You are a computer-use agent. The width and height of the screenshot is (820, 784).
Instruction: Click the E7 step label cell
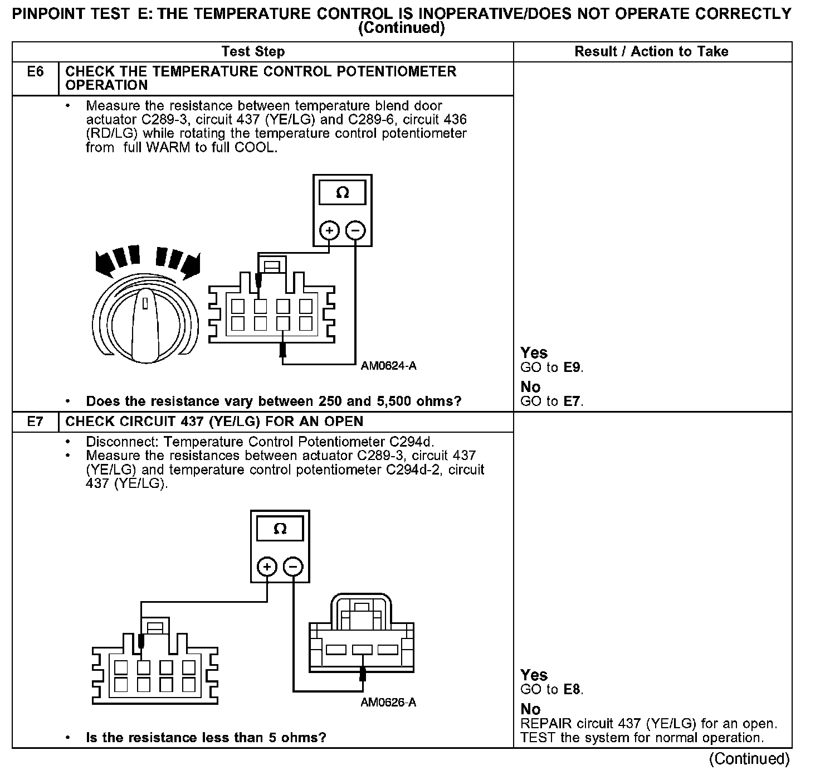[35, 422]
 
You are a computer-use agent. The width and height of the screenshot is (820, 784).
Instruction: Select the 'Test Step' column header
[252, 52]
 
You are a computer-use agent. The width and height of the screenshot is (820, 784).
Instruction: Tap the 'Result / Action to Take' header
[651, 52]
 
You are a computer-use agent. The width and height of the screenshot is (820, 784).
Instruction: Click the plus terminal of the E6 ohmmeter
[329, 230]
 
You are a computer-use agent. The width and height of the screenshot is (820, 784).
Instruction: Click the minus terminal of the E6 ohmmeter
[356, 230]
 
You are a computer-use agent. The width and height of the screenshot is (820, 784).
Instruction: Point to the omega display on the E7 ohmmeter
[280, 529]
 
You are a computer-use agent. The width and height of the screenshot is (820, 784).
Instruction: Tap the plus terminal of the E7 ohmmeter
[267, 567]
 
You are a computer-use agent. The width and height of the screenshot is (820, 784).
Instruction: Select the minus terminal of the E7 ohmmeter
[294, 567]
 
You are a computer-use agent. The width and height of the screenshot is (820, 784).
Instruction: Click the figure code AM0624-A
[388, 366]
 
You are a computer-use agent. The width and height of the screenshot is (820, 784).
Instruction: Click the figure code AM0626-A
[388, 703]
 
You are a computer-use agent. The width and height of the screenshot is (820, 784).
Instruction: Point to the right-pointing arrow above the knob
[189, 265]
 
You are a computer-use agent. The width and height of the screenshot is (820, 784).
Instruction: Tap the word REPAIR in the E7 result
[546, 724]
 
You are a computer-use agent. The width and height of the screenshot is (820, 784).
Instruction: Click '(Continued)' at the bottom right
[749, 759]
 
